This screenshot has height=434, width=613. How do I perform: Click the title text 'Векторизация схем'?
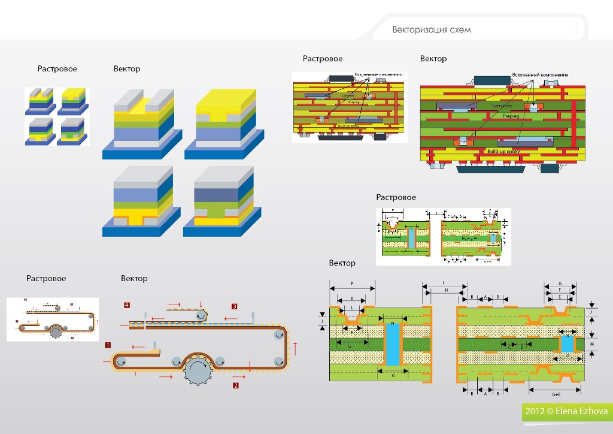point(432,30)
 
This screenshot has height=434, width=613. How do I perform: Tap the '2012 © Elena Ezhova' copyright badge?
point(566,412)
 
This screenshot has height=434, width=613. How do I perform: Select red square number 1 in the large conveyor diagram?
point(107,345)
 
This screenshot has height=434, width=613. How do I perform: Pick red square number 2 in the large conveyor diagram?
point(236,386)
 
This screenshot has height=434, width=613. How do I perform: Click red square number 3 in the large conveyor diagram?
point(234,306)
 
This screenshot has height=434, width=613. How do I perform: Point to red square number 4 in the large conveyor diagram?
point(126,305)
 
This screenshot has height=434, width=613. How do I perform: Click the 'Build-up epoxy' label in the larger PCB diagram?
point(505,151)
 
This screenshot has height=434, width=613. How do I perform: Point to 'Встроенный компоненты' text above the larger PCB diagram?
point(540,74)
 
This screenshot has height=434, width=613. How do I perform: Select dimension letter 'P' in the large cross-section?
point(352,282)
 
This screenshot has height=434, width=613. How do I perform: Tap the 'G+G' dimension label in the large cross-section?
point(556,395)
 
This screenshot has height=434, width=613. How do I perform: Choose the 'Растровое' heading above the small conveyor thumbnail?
point(46,279)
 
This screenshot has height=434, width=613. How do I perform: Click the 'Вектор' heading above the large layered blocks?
point(127,69)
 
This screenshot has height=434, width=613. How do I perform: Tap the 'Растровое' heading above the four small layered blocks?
point(57,69)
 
